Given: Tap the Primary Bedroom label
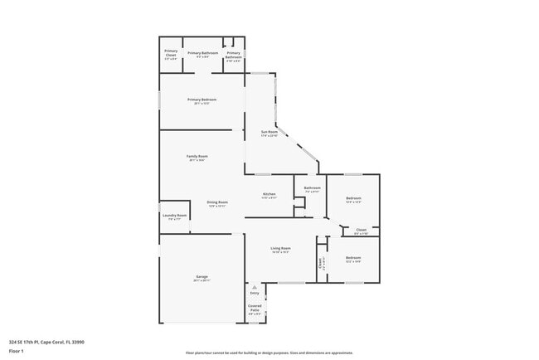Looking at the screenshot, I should tap(202, 100).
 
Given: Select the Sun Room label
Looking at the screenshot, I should tap(269, 132).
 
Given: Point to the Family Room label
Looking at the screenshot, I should tap(197, 156).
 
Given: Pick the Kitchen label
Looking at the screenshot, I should tap(269, 194).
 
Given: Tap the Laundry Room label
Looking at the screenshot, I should tap(174, 216).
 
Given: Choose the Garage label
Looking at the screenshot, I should tap(202, 276).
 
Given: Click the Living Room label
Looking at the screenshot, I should tap(280, 248).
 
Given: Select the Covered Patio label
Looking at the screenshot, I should tap(255, 308).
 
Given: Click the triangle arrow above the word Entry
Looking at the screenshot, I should tap(255, 287).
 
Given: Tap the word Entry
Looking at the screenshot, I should tap(255, 293).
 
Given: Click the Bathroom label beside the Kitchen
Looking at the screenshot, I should tap(312, 188).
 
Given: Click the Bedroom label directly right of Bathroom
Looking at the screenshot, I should tap(353, 198).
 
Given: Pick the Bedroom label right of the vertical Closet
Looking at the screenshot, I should tap(353, 258).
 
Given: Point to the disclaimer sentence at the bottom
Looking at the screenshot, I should tap(269, 352).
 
